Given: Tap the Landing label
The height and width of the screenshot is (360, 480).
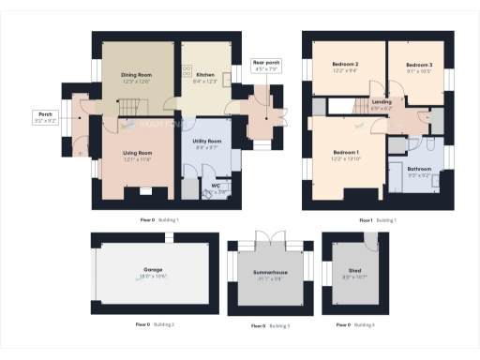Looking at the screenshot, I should click(x=382, y=103).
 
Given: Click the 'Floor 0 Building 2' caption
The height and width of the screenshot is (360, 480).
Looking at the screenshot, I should click(x=155, y=324).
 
